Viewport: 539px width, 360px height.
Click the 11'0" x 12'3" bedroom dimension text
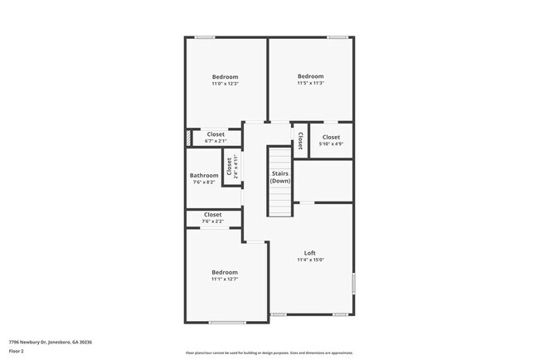[x=225, y=84]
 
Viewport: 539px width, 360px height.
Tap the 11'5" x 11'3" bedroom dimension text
[x=310, y=83]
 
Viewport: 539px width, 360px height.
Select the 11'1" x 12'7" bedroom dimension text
[x=224, y=280]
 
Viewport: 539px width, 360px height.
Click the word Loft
[x=310, y=253]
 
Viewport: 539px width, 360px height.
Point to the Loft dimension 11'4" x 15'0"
[x=310, y=260]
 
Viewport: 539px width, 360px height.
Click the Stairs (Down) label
[x=280, y=178]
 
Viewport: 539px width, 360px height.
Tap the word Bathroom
[x=204, y=175]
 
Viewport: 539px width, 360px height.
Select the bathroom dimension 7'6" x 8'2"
[x=204, y=182]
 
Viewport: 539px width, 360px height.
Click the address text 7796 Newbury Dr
[x=51, y=342]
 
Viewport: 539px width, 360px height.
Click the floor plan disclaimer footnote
[x=269, y=353]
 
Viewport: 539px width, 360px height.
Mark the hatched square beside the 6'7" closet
[x=189, y=138]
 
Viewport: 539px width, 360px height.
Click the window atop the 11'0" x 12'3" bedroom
[x=206, y=36]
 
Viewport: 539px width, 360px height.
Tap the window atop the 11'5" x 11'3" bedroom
[x=336, y=36]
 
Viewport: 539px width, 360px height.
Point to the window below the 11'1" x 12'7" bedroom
[x=227, y=323]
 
